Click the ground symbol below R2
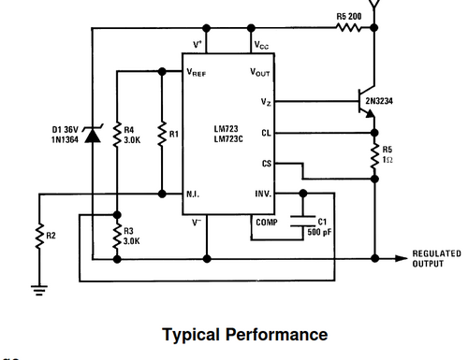tap(39, 290)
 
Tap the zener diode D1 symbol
tap(93, 134)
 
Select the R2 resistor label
tap(51, 236)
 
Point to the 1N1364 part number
tap(65, 139)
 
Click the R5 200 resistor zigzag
tap(349, 28)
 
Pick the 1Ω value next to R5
tap(388, 160)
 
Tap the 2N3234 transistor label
tap(379, 101)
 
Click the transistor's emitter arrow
tap(370, 114)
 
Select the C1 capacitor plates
tap(302, 221)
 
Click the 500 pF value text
tap(319, 232)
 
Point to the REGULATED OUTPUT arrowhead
tap(402, 258)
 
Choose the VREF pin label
tap(197, 72)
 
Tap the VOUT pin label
tap(260, 72)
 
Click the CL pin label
tap(266, 133)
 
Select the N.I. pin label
tap(193, 194)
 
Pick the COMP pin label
tap(267, 223)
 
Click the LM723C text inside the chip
tap(228, 138)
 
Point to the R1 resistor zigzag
tap(162, 134)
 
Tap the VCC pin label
tap(261, 45)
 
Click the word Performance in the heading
tap(276, 335)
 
